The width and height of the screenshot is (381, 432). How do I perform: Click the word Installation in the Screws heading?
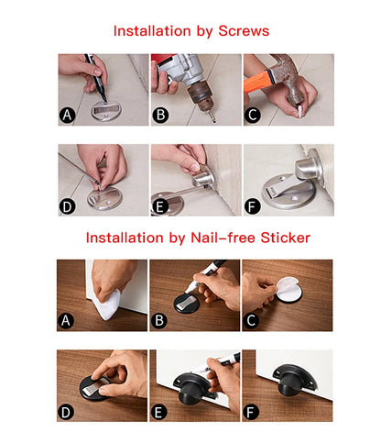149,31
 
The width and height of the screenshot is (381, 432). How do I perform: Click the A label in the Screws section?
67,116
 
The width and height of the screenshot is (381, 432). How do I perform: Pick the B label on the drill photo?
160,116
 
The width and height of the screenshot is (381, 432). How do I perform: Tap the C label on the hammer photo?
253,116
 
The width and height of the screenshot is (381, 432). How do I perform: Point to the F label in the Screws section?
253,206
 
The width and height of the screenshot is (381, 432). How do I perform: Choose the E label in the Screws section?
160,206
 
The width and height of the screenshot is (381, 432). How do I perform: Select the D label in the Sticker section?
67,412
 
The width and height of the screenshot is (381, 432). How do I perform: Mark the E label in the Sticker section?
160,412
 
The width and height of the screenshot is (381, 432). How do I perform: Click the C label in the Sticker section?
253,321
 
